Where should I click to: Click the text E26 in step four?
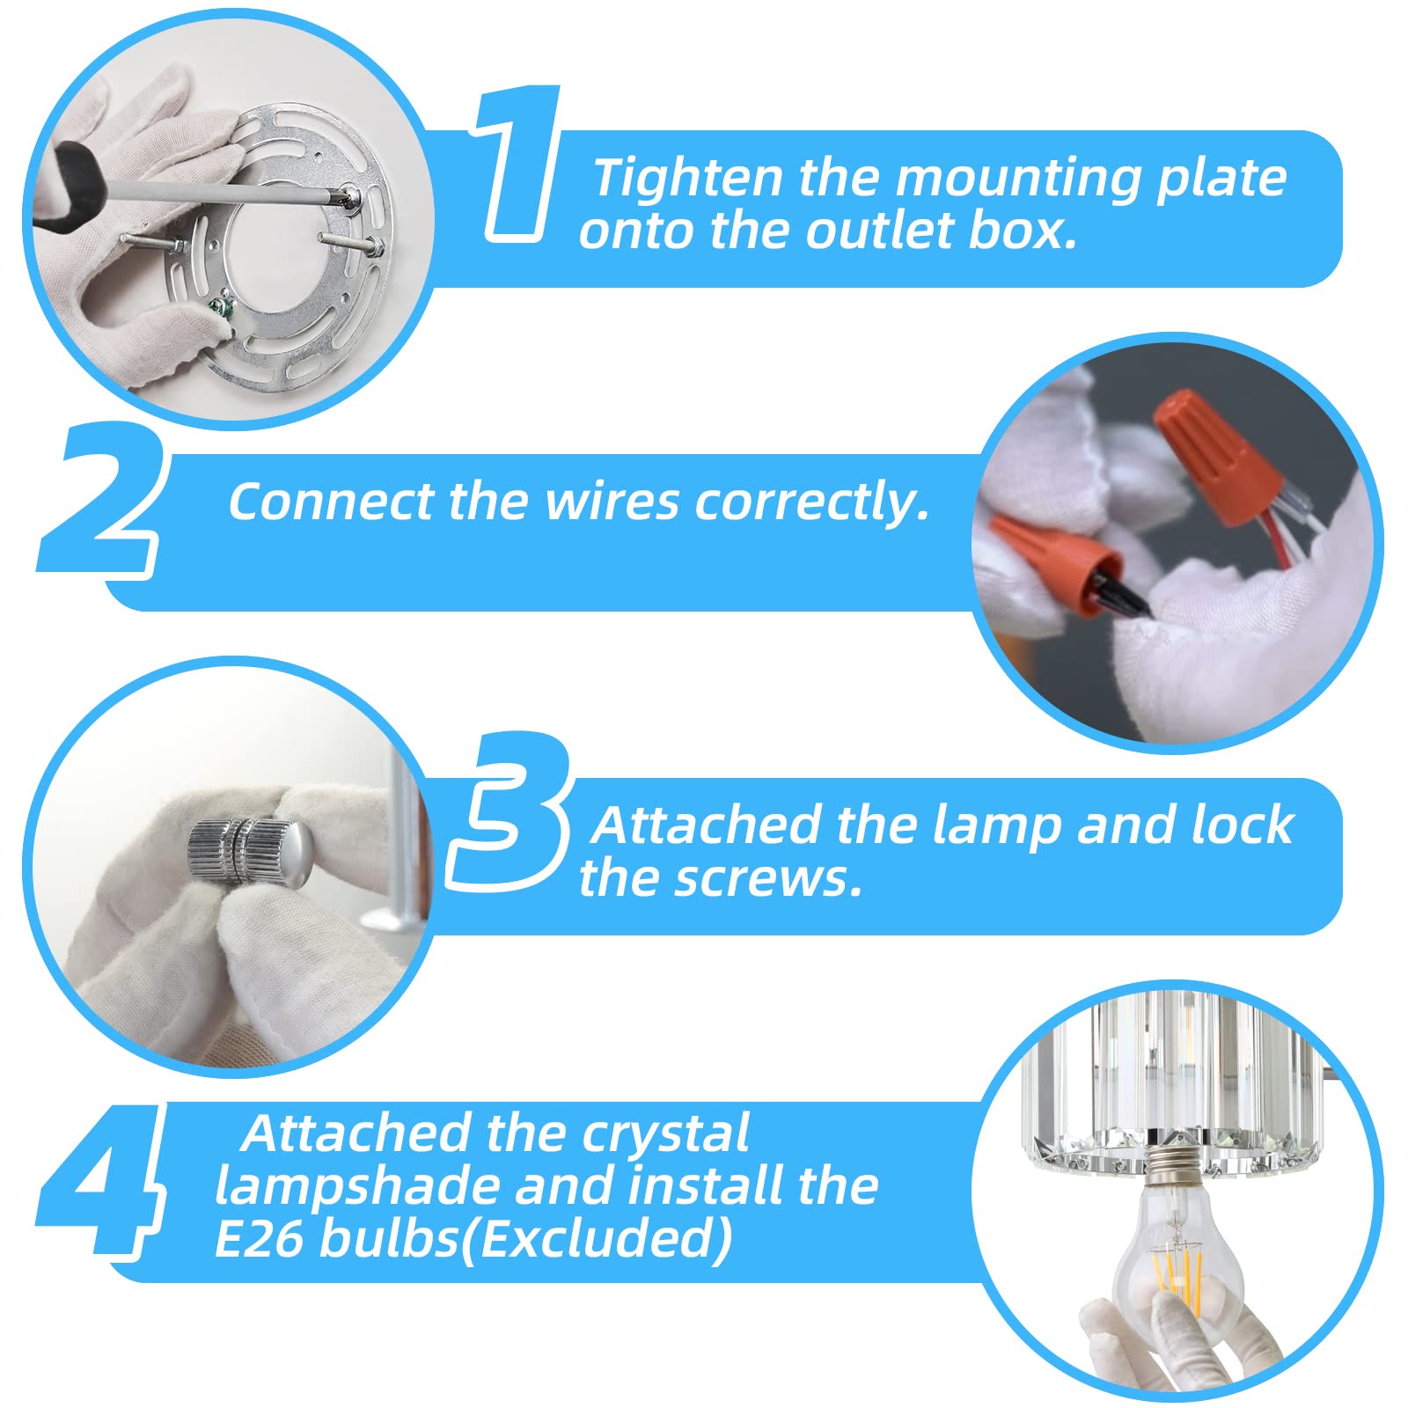pyautogui.click(x=259, y=1238)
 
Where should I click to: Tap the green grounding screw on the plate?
pyautogui.click(x=219, y=307)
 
